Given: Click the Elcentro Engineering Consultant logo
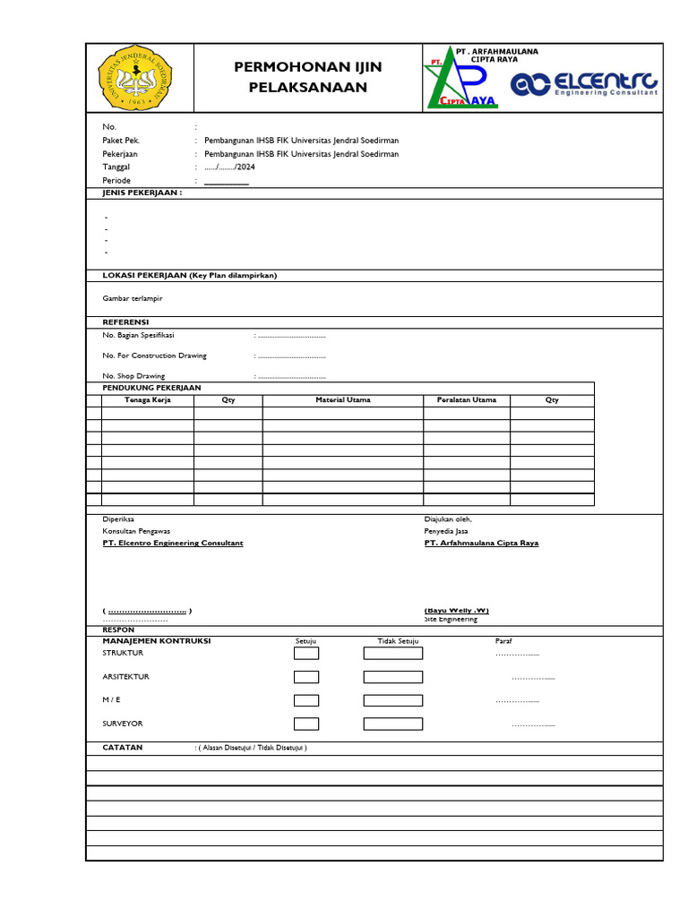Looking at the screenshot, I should (584, 83).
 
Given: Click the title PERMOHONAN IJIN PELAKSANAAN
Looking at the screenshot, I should (307, 77).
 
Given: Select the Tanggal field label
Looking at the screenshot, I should (116, 167).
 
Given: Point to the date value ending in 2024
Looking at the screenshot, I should (224, 167).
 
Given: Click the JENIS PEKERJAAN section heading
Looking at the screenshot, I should (142, 193).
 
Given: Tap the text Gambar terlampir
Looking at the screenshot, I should (133, 297).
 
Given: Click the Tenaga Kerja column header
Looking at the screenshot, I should (148, 399).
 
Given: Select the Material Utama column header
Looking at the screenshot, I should (342, 399).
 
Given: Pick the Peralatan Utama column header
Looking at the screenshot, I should (466, 399).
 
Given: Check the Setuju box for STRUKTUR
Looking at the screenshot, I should (306, 653).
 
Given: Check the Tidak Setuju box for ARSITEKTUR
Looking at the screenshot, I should (392, 677).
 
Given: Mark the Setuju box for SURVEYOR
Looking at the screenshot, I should (306, 724).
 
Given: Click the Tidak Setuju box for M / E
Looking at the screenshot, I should (392, 700).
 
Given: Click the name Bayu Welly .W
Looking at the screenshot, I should (457, 610).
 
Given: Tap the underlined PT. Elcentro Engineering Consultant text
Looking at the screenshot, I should (173, 543).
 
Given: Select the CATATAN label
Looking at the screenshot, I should (123, 747).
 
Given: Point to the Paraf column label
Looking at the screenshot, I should (503, 641).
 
